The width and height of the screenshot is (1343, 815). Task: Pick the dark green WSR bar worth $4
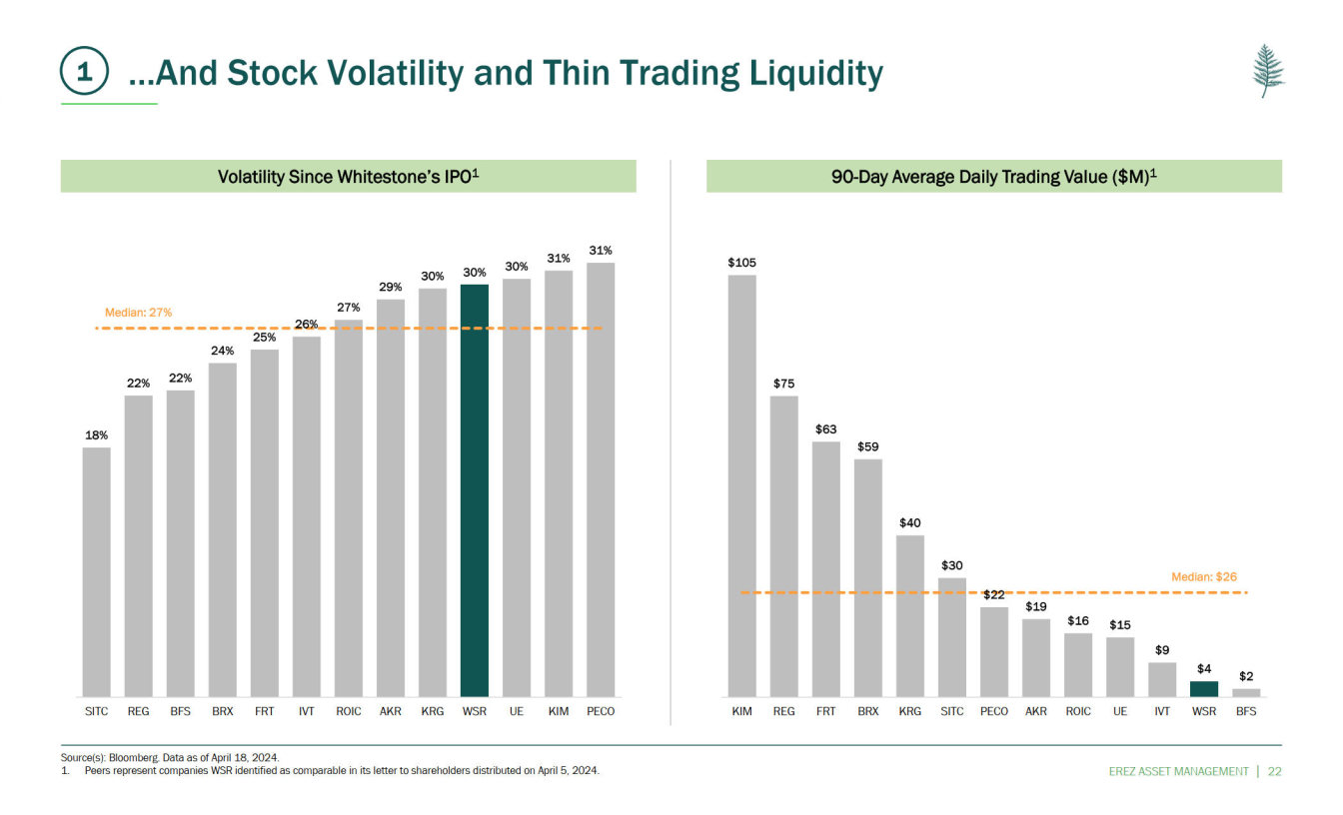(1204, 688)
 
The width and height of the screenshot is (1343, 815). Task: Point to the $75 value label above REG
(784, 384)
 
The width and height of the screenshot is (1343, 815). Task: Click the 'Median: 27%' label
(139, 313)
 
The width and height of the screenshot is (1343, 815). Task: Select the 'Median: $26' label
(1204, 577)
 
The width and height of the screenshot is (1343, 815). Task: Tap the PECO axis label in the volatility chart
(601, 711)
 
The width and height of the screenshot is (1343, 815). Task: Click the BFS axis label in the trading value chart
(1246, 711)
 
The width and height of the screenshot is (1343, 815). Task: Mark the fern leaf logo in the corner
(1268, 71)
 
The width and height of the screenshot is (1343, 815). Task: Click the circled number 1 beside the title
(84, 73)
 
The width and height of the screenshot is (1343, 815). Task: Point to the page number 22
(1274, 771)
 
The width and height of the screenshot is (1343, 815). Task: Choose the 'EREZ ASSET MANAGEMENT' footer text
(1178, 771)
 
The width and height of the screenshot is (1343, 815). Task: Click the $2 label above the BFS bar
(1246, 676)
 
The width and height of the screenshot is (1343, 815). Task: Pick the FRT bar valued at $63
(826, 568)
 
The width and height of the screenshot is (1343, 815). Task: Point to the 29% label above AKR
(391, 287)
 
